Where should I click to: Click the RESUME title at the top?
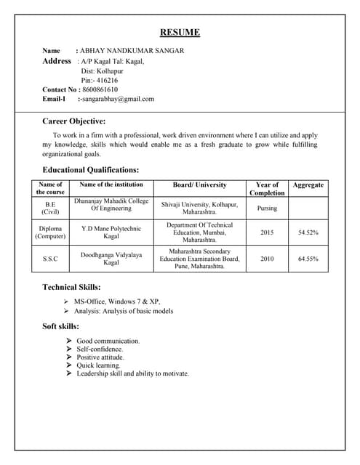point(180,33)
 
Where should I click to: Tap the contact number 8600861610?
point(100,89)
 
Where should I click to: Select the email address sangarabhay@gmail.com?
point(119,99)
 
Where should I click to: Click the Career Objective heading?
point(74,121)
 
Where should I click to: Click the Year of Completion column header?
point(267,189)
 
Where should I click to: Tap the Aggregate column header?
point(308,185)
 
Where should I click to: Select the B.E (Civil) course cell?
point(50,209)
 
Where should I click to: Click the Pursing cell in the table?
point(267,209)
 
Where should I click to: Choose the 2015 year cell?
point(267,232)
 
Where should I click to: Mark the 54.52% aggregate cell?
point(308,232)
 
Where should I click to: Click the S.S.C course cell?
point(50,259)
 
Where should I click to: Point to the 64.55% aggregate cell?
point(308,259)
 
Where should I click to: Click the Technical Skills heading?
point(72,288)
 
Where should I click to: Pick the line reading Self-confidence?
point(100,349)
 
